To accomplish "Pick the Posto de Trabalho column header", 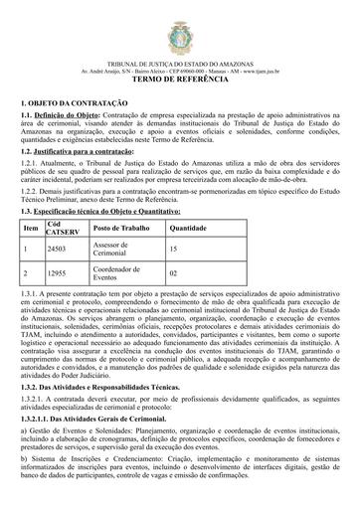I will [120, 229].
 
